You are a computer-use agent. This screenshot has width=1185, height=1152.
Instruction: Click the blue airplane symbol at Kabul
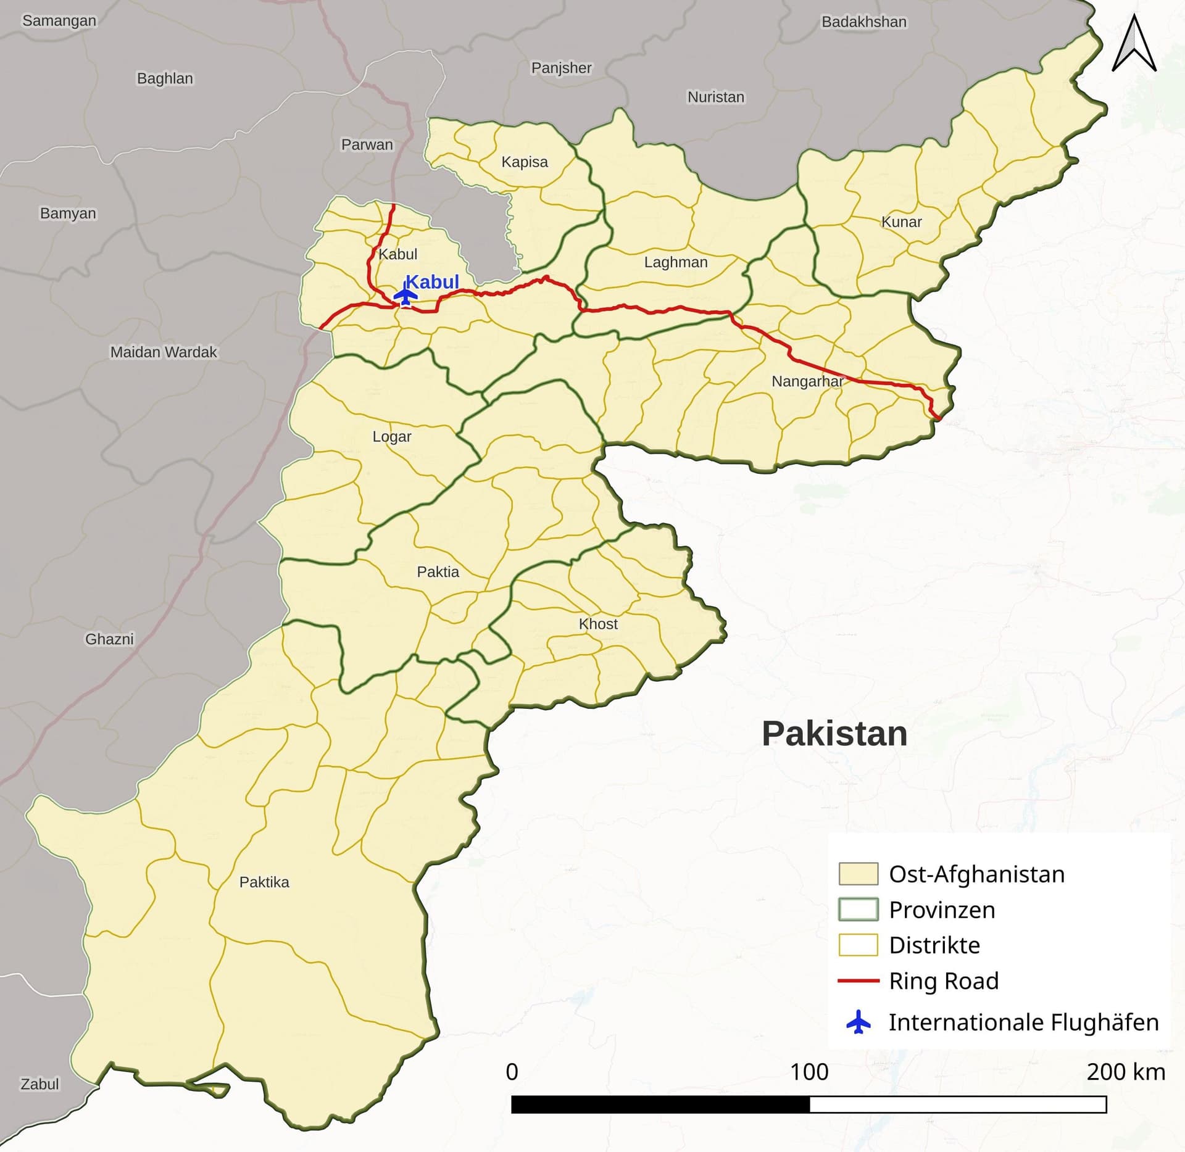click(x=405, y=295)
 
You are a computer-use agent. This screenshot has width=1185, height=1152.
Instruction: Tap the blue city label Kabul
click(x=432, y=281)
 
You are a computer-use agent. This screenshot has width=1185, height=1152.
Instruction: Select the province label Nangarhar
click(x=807, y=381)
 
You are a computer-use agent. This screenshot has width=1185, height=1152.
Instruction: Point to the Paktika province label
click(x=264, y=882)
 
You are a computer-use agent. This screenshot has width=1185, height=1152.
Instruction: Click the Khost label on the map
click(x=598, y=624)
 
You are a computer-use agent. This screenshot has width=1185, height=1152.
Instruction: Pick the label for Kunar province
click(x=901, y=222)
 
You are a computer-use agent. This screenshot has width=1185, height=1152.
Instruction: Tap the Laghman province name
click(x=676, y=262)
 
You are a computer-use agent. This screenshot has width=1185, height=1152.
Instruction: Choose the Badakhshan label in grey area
click(x=863, y=22)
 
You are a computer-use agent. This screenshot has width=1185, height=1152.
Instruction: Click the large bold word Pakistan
click(x=834, y=734)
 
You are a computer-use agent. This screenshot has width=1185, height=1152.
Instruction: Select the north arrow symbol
click(x=1134, y=44)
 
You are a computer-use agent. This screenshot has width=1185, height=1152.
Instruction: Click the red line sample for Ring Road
click(x=858, y=980)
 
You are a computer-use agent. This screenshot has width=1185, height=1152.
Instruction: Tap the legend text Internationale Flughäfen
click(x=1023, y=1022)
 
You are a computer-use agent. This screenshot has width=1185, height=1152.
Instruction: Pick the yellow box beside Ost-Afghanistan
click(x=858, y=874)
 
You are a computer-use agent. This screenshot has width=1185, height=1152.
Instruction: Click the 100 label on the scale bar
click(x=809, y=1072)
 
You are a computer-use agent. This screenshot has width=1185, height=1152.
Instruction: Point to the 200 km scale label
click(x=1125, y=1072)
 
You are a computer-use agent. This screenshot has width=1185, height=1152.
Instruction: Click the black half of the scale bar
click(x=660, y=1104)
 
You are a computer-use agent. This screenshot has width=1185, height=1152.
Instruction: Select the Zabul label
click(x=39, y=1084)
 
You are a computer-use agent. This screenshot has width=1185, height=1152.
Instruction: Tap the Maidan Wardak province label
click(x=164, y=352)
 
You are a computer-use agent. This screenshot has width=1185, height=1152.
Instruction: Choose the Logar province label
click(x=391, y=436)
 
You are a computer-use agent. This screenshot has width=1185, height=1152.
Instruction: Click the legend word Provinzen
click(x=942, y=910)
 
